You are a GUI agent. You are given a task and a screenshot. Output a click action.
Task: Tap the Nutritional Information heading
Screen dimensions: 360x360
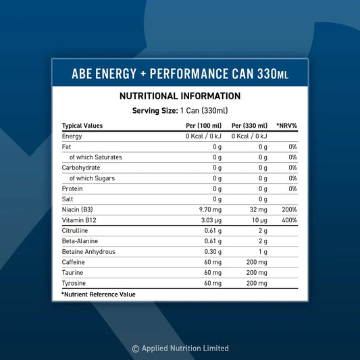pyautogui.click(x=180, y=97)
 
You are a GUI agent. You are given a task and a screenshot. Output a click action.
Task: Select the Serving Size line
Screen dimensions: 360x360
pyautogui.click(x=180, y=110)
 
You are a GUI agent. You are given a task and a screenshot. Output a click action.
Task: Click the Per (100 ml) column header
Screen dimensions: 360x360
pyautogui.click(x=203, y=126)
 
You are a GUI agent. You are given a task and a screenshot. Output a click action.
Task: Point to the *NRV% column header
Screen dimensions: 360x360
pyautogui.click(x=287, y=126)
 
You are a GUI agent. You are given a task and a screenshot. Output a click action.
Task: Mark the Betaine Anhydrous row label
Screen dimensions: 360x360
pyautogui.click(x=88, y=251)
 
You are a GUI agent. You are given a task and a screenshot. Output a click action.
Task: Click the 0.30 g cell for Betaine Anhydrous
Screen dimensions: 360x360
pyautogui.click(x=213, y=251)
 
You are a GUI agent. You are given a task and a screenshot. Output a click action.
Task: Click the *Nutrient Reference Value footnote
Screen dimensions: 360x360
pyautogui.click(x=99, y=294)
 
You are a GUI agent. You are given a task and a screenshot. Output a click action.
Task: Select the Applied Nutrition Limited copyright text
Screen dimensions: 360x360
pyautogui.click(x=180, y=349)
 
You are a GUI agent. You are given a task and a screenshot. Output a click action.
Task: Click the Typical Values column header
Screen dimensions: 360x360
pyautogui.click(x=82, y=126)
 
